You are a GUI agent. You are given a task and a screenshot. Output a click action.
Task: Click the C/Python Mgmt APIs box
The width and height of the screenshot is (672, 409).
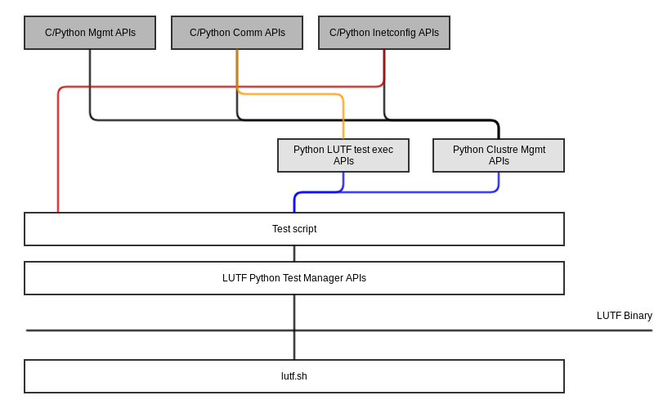coord(90,33)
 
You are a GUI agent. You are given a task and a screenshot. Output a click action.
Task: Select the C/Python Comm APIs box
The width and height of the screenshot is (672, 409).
coord(237,33)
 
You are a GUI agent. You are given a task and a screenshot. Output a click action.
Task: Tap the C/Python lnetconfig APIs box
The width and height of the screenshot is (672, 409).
coord(384,33)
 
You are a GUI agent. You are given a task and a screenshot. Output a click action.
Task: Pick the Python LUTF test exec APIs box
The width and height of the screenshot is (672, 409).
coord(343,155)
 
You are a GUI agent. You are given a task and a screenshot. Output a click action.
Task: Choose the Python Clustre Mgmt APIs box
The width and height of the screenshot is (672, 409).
coord(499,155)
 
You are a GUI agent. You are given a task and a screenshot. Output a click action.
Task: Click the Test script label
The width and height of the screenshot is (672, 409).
coord(294,229)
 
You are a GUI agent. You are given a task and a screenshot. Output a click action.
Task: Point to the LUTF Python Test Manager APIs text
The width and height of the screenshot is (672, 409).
coord(294,278)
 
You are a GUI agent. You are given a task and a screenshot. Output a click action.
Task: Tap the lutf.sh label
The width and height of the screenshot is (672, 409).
coord(294,376)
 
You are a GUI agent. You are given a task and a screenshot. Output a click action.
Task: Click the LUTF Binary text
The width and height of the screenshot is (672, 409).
coord(625,316)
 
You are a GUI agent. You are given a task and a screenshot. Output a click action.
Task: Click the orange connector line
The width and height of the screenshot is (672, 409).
coord(291,93)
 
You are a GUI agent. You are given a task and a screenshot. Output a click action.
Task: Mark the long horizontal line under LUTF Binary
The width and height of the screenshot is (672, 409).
coord(339,330)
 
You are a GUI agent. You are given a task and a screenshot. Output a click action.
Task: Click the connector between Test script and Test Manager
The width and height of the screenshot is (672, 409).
coord(294,254)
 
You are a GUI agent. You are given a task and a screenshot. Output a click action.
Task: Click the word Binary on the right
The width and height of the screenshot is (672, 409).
coord(638,316)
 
